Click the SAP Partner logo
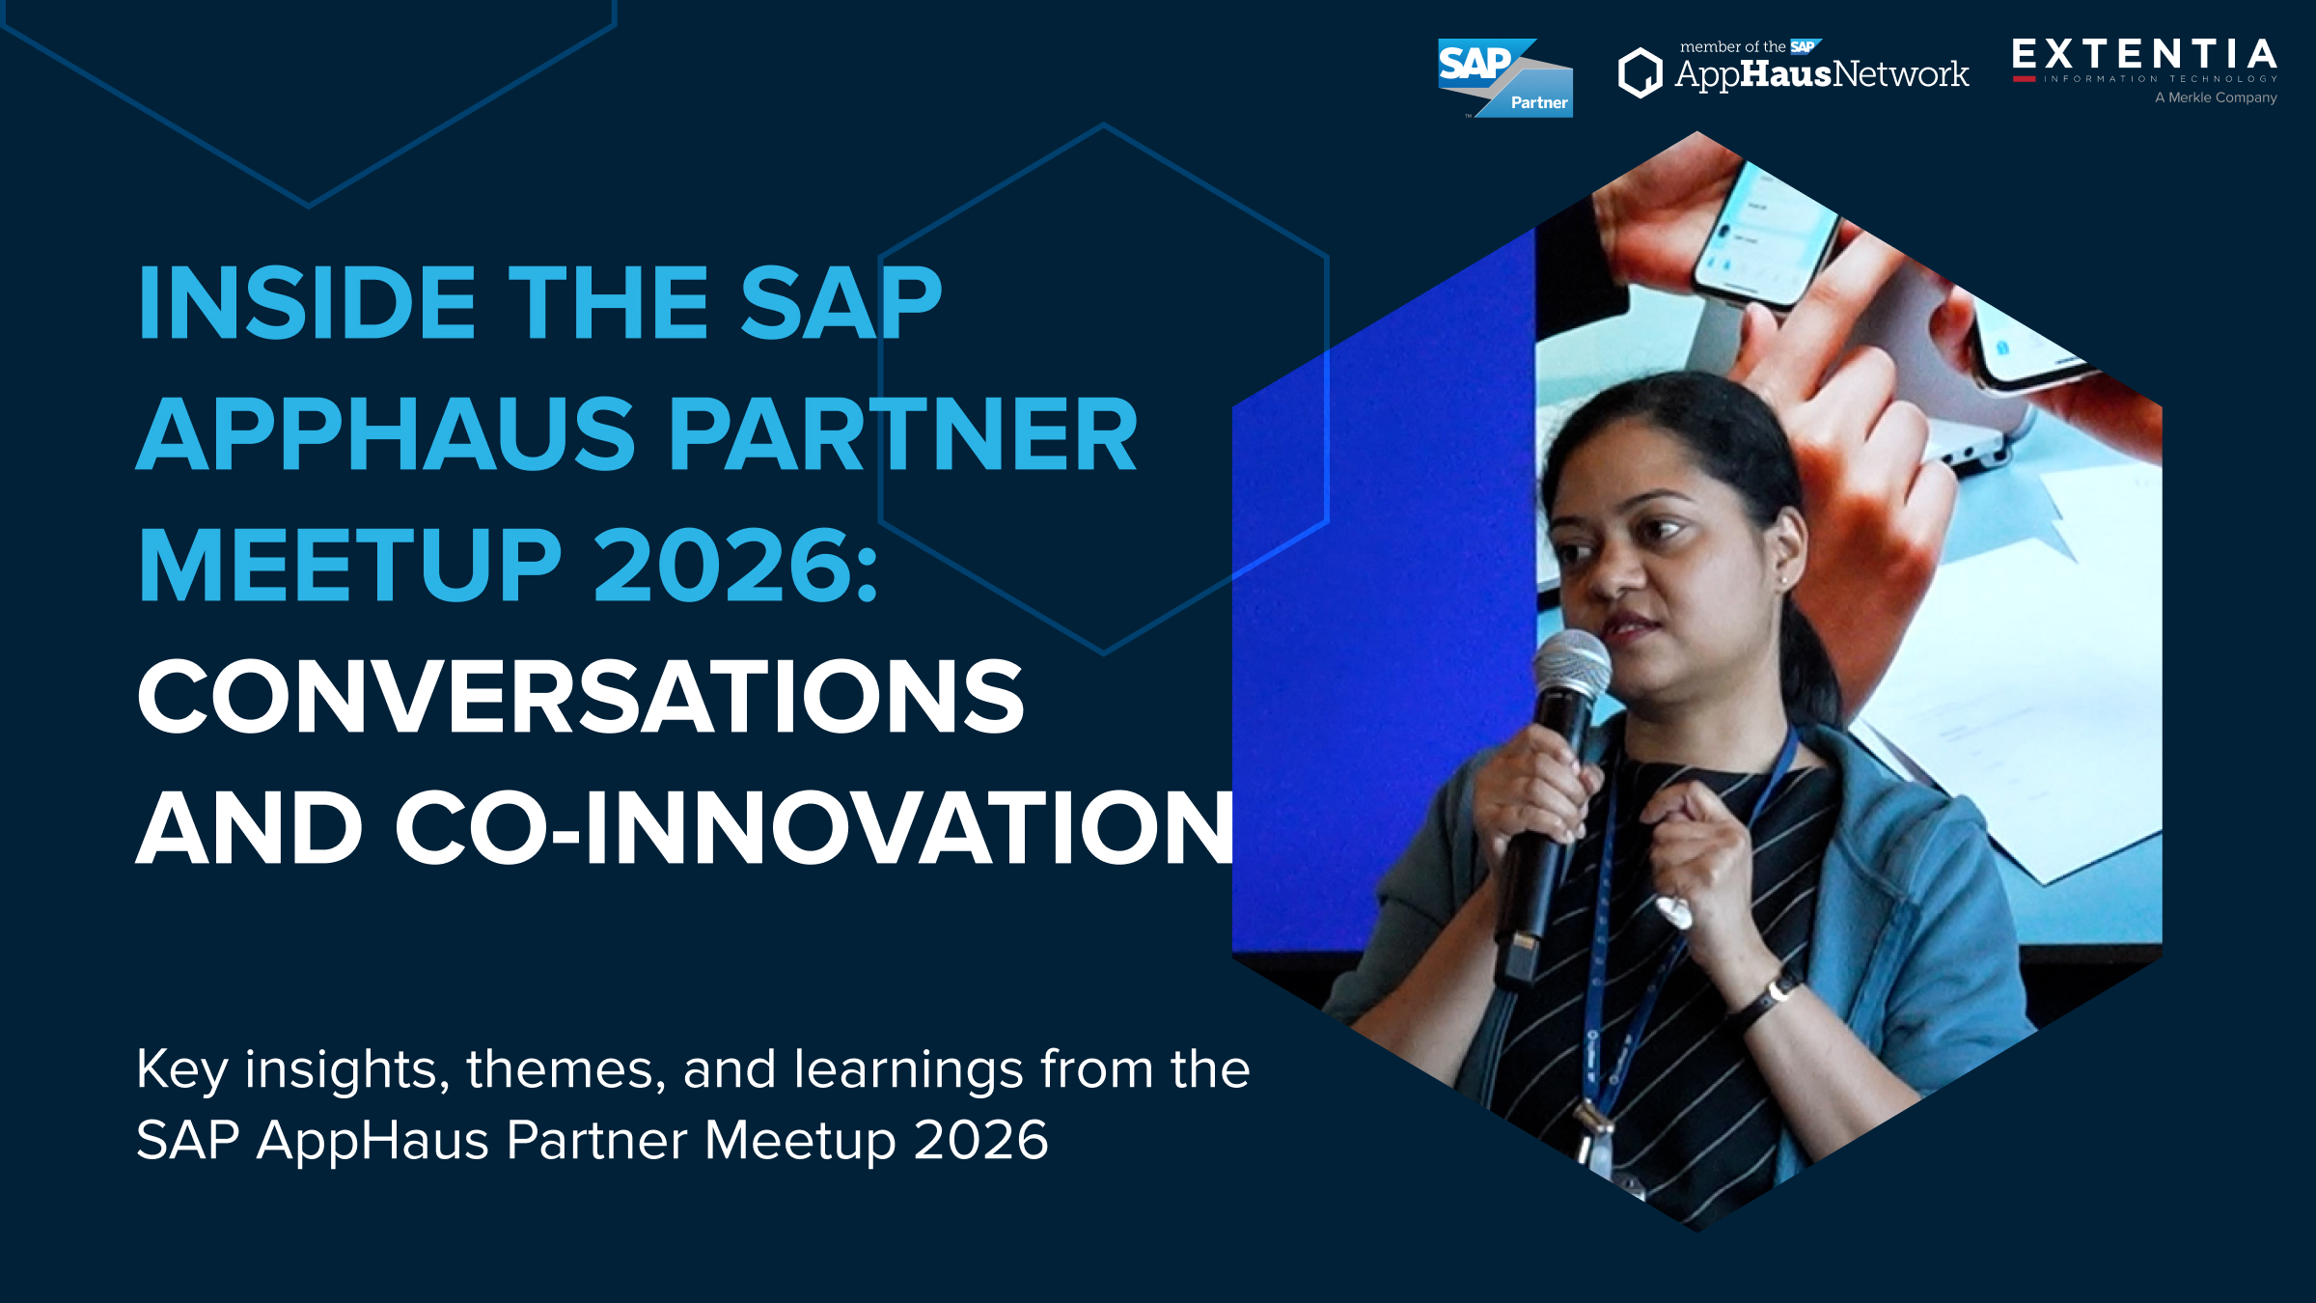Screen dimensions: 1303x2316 coord(1503,77)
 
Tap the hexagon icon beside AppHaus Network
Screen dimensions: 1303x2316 coord(1640,73)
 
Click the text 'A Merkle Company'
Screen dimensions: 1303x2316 coord(2216,97)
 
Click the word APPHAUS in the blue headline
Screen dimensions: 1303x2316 coord(386,434)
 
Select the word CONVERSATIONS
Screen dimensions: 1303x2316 coord(580,697)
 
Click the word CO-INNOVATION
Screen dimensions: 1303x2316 coord(813,828)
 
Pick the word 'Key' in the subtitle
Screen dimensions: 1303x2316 coord(181,1070)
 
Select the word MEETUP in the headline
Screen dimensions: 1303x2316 coord(349,566)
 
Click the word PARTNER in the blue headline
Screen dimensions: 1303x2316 coord(902,434)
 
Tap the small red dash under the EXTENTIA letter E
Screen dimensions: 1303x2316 coord(2024,79)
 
